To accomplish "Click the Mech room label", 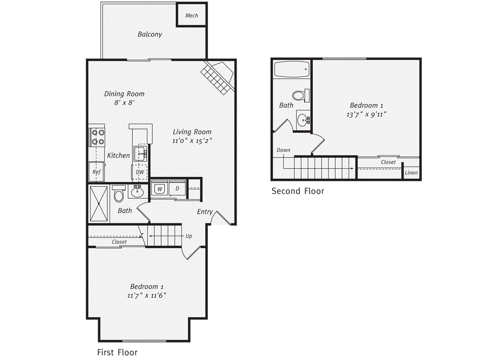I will (192, 15).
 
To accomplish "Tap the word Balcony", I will (150, 34).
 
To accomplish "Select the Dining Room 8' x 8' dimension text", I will (124, 102).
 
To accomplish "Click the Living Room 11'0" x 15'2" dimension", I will (192, 141).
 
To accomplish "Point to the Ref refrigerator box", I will (97, 172).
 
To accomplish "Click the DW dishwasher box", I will (140, 172).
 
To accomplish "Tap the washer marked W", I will (159, 189).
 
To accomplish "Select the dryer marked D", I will (177, 189).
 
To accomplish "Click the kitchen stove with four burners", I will (97, 137).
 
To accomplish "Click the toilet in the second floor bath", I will (305, 95).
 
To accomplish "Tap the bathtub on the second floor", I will (292, 70).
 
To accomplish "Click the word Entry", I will (205, 212).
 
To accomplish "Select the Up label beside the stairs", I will (189, 236).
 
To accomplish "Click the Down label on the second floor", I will (284, 150).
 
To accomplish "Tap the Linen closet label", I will (411, 172).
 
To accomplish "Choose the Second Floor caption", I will (298, 191).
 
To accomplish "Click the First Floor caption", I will (117, 352).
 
